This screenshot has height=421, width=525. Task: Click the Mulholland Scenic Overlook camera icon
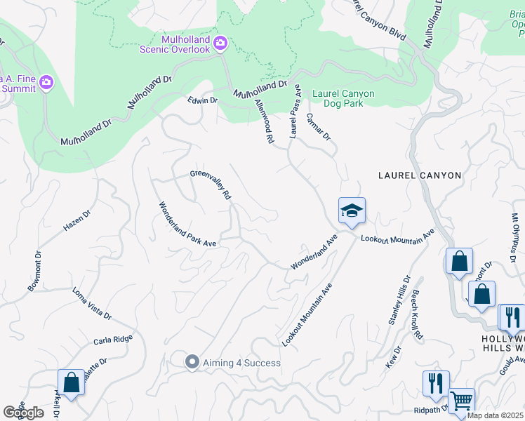point(220,44)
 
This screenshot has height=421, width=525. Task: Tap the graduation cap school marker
point(351,210)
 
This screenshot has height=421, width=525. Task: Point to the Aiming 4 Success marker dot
point(192,362)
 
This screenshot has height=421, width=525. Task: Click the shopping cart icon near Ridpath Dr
point(461,401)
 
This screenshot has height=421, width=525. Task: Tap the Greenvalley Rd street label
point(210,185)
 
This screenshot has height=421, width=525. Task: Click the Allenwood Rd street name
point(263,121)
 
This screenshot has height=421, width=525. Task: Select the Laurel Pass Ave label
point(295,112)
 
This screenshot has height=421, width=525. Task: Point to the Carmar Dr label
point(318,126)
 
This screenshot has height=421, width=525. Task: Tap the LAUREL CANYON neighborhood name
point(420,175)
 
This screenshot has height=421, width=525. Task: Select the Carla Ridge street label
point(113,340)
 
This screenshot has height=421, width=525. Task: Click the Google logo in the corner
point(24,412)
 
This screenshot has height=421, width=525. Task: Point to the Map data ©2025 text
point(495,415)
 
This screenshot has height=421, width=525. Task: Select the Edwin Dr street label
point(203,100)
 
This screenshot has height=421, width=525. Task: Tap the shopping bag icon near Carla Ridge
point(71,382)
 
